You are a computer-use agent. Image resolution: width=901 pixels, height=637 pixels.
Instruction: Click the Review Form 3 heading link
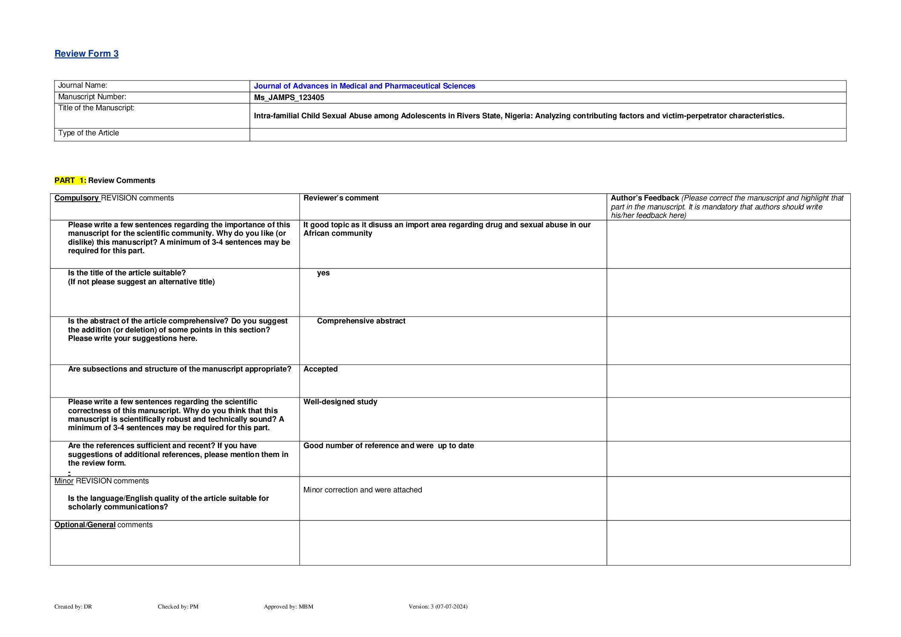[x=86, y=54]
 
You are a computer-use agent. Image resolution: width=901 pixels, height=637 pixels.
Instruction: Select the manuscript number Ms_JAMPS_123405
[x=289, y=97]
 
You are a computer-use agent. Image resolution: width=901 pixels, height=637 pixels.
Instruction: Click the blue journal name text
[x=364, y=86]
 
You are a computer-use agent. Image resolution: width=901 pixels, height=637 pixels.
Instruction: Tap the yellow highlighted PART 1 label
[x=70, y=180]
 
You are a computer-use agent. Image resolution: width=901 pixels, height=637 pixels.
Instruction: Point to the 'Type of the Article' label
[x=89, y=133]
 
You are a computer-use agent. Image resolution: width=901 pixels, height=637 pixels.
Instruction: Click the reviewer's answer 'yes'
[x=323, y=273]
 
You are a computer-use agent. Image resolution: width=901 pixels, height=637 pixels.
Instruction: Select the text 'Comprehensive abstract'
[x=361, y=321]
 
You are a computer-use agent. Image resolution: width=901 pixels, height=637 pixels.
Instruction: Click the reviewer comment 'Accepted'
[x=320, y=369]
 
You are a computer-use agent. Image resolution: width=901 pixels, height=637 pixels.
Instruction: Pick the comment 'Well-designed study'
[x=340, y=402]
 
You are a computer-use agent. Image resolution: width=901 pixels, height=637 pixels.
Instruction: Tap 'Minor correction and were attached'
[x=363, y=490]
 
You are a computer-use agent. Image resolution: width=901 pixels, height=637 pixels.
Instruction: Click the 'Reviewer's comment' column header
[x=341, y=198]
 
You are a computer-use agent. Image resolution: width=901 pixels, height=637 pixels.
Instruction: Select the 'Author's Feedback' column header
[x=645, y=198]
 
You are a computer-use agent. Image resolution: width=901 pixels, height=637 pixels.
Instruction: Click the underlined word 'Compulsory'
[x=77, y=198]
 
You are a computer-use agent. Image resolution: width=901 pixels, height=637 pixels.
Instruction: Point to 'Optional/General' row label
[x=85, y=525]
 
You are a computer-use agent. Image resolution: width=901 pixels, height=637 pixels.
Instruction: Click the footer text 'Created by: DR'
[x=73, y=606]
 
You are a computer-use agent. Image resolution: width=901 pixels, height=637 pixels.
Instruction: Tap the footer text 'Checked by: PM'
[x=178, y=606]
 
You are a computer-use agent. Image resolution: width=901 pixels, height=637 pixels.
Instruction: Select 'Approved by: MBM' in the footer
[x=289, y=606]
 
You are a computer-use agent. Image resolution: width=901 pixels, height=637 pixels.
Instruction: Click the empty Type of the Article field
[x=547, y=134]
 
